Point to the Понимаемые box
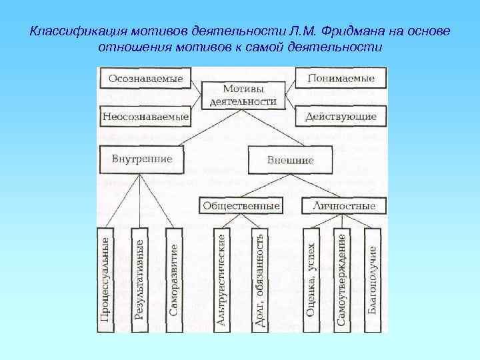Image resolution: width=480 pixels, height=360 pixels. click(341, 78)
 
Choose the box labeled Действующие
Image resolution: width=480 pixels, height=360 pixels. click(341, 117)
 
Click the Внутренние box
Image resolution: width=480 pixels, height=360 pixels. click(142, 159)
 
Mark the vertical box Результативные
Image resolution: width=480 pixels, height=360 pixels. click(139, 276)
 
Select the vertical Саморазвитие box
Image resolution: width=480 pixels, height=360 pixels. click(173, 276)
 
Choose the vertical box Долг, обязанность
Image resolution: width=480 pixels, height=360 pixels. click(260, 278)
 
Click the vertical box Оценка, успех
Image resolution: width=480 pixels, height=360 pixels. click(311, 278)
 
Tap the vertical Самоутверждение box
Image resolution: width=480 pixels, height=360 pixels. click(341, 278)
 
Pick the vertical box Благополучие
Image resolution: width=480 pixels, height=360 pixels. click(372, 278)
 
